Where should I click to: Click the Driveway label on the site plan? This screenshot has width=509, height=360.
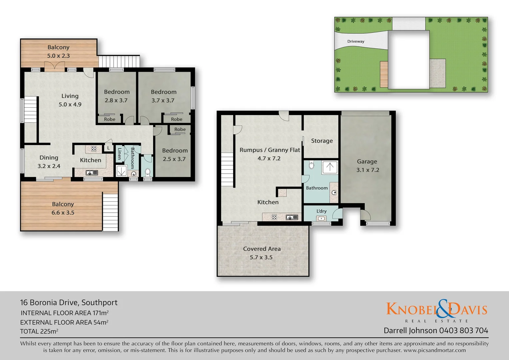(x=355, y=41)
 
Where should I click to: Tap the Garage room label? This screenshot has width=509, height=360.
(x=367, y=161)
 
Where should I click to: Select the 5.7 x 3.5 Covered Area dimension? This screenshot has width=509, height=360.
(x=261, y=257)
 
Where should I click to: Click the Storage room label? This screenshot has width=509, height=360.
(x=322, y=141)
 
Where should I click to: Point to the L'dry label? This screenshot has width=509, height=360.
(x=321, y=211)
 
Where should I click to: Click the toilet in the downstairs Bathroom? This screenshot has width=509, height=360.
(x=311, y=165)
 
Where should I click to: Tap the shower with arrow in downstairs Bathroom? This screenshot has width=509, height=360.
(x=329, y=167)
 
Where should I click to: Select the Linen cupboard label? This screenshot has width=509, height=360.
(x=119, y=154)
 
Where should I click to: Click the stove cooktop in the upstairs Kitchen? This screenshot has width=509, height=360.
(x=94, y=149)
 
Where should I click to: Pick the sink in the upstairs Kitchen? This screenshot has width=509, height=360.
(x=90, y=173)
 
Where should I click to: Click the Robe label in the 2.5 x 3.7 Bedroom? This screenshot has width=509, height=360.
(x=180, y=129)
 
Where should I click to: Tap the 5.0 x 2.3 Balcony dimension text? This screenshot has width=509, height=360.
(x=58, y=56)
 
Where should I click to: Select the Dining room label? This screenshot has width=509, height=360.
(x=49, y=158)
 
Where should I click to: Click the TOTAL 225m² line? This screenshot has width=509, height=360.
(x=39, y=331)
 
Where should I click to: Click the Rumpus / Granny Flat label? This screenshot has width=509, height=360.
(x=269, y=150)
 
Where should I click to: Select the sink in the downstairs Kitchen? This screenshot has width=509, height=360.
(x=292, y=217)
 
